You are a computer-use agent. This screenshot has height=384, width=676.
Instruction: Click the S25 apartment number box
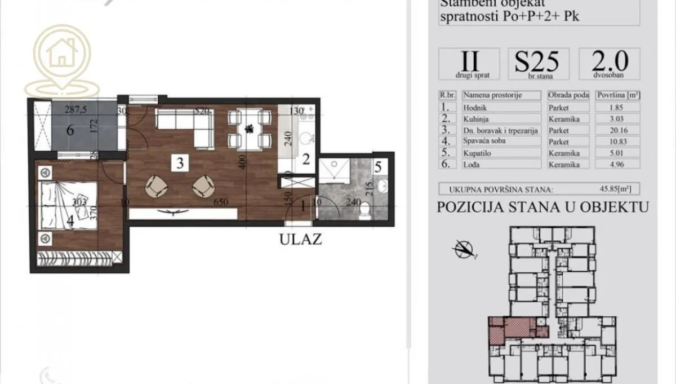coord(538,63)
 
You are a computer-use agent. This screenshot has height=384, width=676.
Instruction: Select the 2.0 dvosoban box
coord(609,63)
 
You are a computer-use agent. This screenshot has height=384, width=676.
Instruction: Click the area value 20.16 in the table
coord(617,130)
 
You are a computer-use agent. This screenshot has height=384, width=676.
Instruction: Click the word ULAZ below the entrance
coord(301,239)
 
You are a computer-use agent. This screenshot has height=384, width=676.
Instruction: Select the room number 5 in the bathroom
coord(378,167)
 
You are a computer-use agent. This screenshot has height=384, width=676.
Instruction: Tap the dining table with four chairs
coord(248,129)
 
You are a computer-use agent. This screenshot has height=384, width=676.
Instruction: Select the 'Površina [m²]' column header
coord(617,95)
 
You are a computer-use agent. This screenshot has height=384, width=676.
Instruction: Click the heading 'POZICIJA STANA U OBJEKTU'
coord(542,207)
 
